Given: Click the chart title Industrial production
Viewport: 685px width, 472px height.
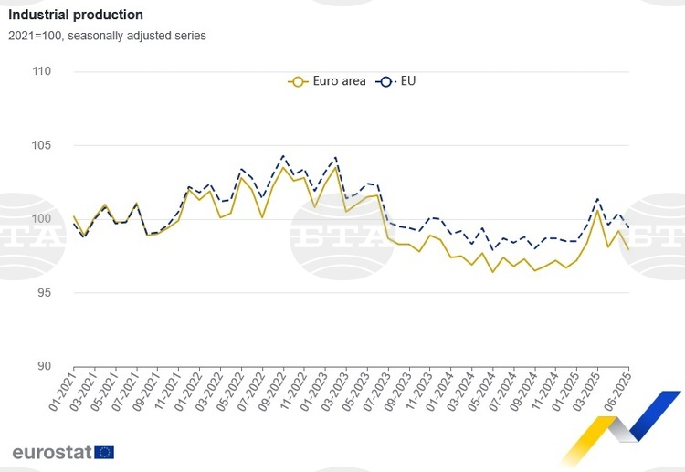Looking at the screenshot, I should click(x=76, y=16).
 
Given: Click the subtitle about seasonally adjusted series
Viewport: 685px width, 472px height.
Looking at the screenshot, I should click(x=108, y=37).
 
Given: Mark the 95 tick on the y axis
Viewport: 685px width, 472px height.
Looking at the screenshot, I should click(x=42, y=293).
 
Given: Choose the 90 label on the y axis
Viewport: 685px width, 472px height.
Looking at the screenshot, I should click(x=42, y=367).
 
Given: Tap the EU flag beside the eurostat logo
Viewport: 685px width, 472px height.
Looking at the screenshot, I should click(x=104, y=451).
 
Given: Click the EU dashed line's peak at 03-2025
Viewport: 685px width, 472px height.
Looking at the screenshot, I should click(x=597, y=198).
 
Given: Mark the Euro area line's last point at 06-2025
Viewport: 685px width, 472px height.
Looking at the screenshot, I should click(x=628, y=249).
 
